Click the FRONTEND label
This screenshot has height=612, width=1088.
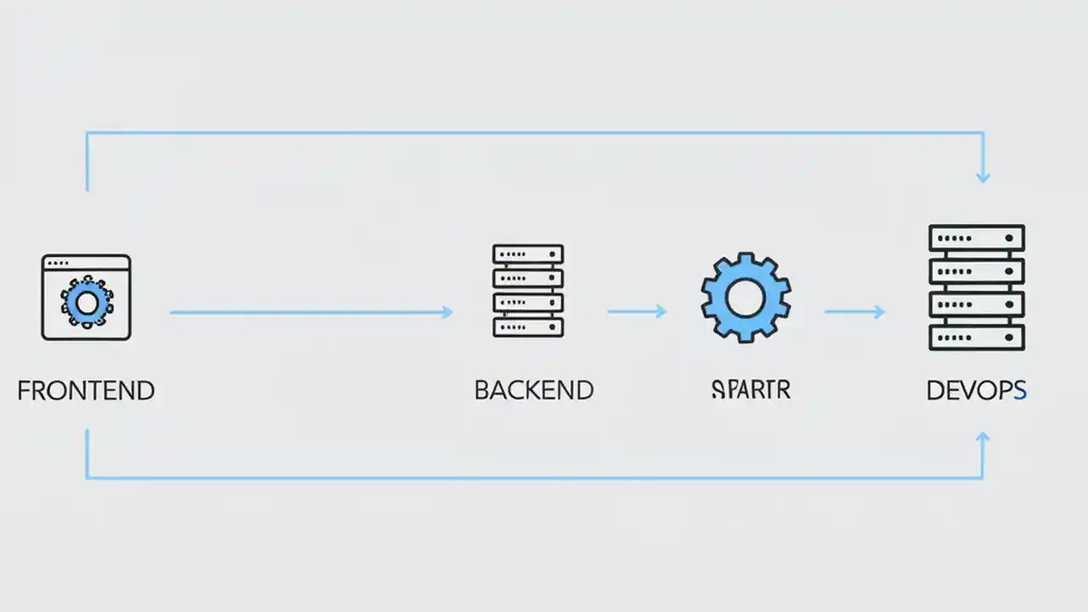coord(86,391)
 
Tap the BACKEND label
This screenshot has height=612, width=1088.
coord(534,391)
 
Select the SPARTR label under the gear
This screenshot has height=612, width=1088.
coord(750,390)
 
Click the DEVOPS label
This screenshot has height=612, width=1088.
coord(977,391)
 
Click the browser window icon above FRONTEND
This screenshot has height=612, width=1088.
coord(86,297)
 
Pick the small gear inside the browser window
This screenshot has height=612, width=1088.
coord(86,302)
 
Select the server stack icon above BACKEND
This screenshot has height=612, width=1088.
coord(528,291)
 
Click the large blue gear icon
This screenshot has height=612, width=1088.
coord(746,297)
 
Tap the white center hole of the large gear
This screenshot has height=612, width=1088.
coord(746,297)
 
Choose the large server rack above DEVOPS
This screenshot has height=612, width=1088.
coord(977,287)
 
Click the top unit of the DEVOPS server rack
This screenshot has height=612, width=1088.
coord(977,237)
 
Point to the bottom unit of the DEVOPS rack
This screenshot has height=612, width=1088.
coord(977,337)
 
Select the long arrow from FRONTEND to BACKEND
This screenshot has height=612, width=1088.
coord(310,313)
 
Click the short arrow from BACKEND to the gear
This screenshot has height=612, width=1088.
coord(636,312)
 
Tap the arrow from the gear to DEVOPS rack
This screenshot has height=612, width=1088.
coord(854,312)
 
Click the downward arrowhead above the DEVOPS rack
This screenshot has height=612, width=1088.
coord(983,177)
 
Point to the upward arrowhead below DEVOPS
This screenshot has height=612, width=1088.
coord(983,438)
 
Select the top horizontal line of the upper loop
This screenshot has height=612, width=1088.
coord(535,133)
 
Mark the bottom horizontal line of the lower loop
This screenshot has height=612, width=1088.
coord(535,478)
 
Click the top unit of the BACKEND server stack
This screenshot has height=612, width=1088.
coord(528,254)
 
